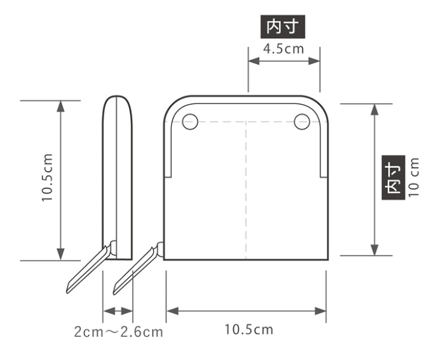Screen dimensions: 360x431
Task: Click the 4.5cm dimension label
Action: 284,48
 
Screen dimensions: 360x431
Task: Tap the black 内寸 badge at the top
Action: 284,27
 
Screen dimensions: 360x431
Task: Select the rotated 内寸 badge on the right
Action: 391,177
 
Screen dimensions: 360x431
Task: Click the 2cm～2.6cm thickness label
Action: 119,331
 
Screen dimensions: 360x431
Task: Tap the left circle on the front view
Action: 190,122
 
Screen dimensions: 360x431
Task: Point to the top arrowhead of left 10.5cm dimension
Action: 60,105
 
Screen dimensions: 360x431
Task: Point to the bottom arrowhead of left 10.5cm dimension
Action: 60,255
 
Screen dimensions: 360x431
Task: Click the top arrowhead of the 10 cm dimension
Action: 375,108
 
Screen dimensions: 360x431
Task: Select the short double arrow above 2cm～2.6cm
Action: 117,310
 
